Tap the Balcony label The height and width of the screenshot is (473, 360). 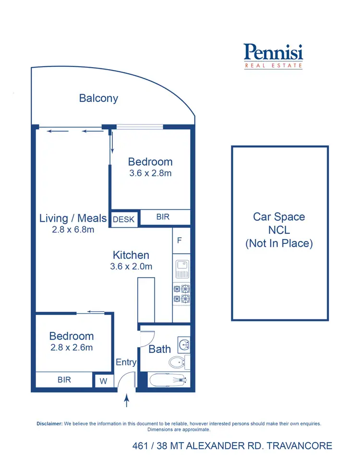coord(98,98)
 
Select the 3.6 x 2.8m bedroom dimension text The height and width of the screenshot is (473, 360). coord(150,173)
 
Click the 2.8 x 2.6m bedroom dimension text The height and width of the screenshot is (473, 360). coord(72,347)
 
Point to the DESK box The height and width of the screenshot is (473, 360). coord(124,219)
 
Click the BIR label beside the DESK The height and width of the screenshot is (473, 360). coord(163,217)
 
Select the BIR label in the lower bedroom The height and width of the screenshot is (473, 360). coord(64,380)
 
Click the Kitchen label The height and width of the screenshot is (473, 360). coord(131,255)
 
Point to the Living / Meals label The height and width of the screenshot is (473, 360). coord(73,218)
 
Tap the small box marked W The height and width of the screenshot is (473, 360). coord(103,381)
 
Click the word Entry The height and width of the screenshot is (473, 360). coord(126,363)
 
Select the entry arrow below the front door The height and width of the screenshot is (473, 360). coord(127,400)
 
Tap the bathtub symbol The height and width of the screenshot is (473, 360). coord(168,381)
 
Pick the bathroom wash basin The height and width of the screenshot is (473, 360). coord(183,344)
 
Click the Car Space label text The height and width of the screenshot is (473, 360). coord(279,217)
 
